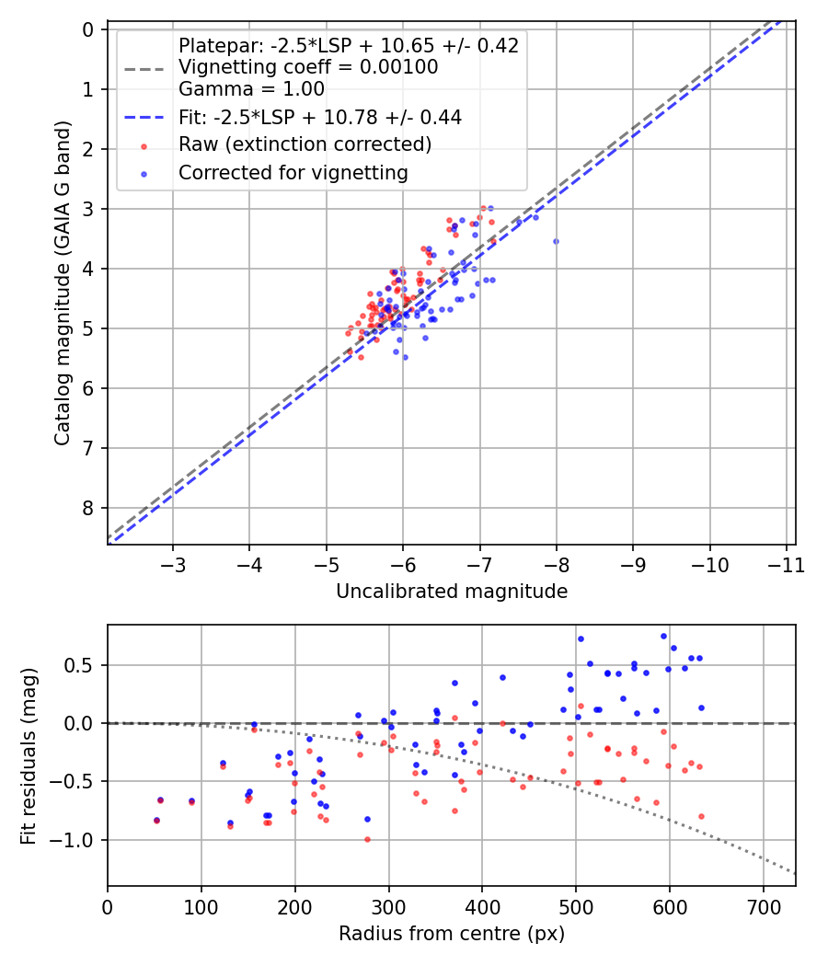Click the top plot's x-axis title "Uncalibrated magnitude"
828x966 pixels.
452,592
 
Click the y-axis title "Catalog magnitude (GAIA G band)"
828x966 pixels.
63,282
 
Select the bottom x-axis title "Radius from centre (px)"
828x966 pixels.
452,934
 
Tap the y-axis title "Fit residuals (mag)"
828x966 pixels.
29,756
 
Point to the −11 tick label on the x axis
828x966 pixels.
786,565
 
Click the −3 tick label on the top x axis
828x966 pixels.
173,565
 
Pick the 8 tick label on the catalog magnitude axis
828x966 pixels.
87,508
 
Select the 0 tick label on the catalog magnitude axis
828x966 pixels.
87,30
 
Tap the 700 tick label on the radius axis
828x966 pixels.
764,907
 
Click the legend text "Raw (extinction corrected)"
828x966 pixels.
305,144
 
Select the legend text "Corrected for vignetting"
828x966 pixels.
293,173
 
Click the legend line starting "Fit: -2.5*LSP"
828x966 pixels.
320,117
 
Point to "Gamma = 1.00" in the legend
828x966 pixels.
251,88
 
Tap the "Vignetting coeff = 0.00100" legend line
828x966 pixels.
308,67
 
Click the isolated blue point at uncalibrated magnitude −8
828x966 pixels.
556,241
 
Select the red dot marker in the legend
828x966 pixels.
144,146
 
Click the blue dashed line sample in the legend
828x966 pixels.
144,118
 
